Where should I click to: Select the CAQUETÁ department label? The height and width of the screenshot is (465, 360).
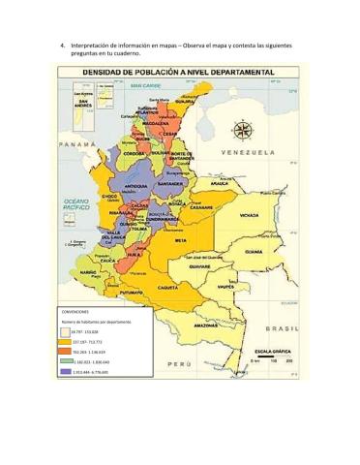(166, 288)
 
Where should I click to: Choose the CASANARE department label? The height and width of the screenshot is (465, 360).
(201, 206)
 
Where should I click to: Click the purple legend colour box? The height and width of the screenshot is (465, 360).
(66, 371)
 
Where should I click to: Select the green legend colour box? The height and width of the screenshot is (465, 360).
(66, 360)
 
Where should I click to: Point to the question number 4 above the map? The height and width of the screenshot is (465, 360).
(62, 46)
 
